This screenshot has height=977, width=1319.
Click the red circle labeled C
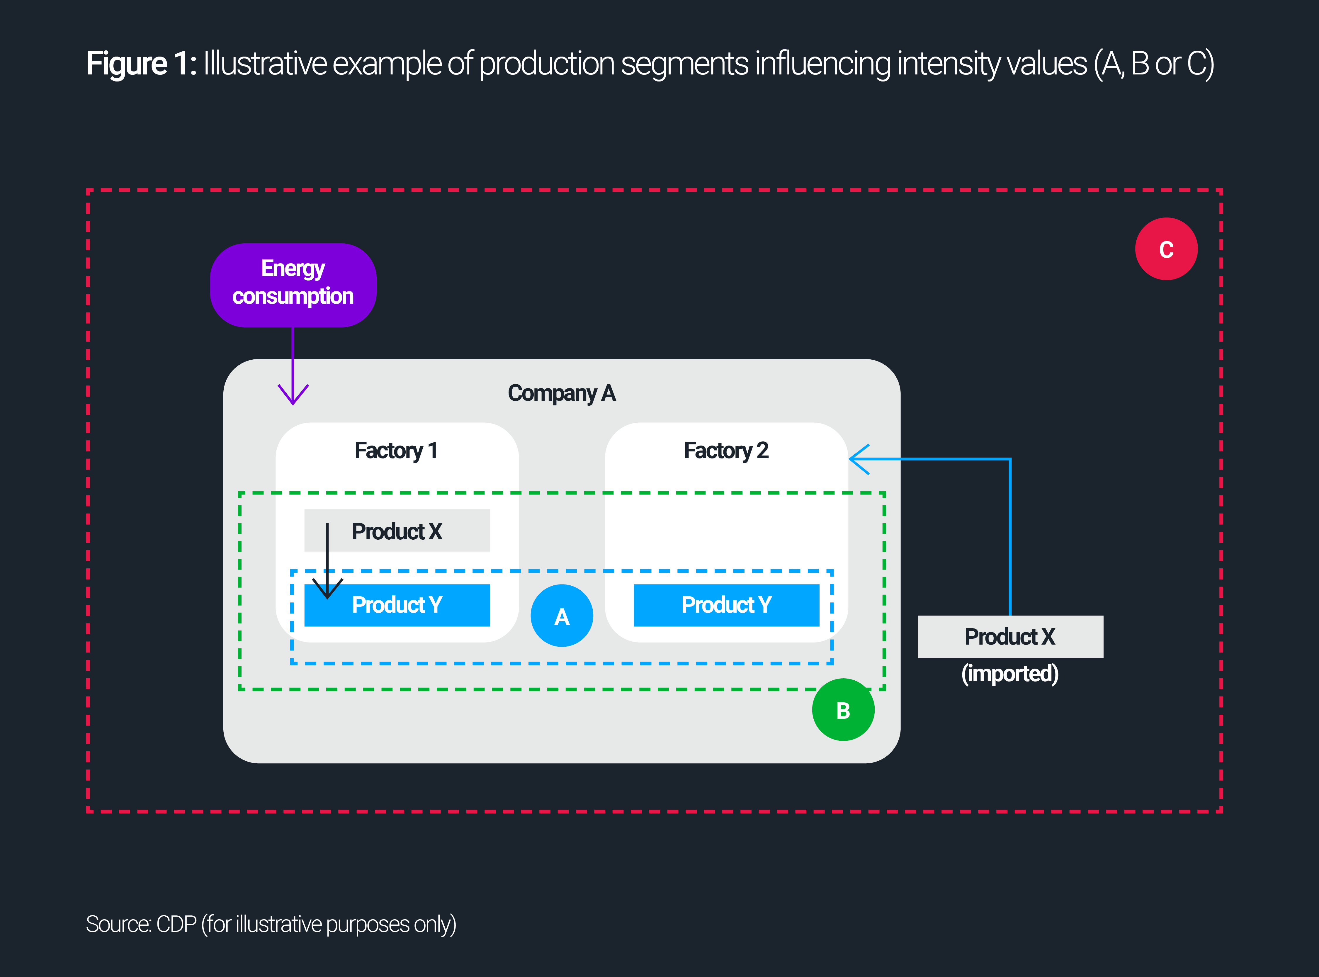pyautogui.click(x=1166, y=249)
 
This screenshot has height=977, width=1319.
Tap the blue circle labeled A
pyautogui.click(x=562, y=616)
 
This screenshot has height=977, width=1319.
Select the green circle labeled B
pyautogui.click(x=843, y=710)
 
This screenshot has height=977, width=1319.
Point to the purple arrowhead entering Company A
pyautogui.click(x=293, y=395)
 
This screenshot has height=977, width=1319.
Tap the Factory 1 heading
pyautogui.click(x=396, y=451)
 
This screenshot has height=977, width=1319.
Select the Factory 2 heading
pyautogui.click(x=726, y=451)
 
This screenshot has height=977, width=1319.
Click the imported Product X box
pyautogui.click(x=1010, y=636)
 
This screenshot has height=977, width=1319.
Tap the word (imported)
pyautogui.click(x=1010, y=674)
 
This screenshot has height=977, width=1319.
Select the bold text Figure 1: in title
pyautogui.click(x=141, y=64)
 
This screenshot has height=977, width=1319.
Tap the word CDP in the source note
pyautogui.click(x=176, y=924)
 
